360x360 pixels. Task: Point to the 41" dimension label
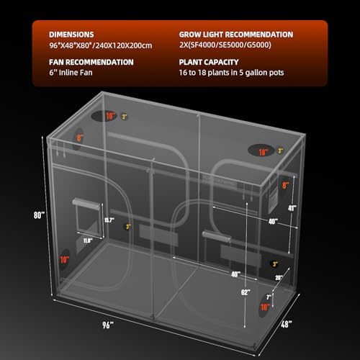point(292,208)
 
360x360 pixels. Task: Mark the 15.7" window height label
point(109,221)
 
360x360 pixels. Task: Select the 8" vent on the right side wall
point(286,185)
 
